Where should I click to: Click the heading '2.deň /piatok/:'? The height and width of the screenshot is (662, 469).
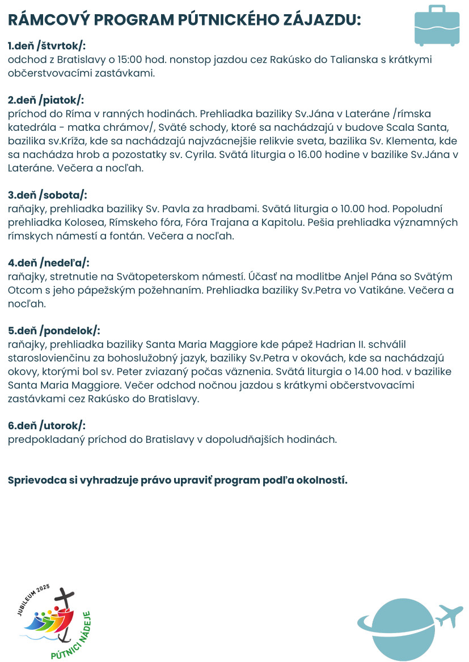pyautogui.click(x=46, y=100)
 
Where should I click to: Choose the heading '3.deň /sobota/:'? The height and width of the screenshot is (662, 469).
pyautogui.click(x=48, y=195)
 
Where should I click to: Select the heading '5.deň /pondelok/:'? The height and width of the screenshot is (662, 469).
pyautogui.click(x=54, y=330)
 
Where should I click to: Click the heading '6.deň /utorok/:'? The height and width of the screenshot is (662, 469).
pyautogui.click(x=47, y=425)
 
